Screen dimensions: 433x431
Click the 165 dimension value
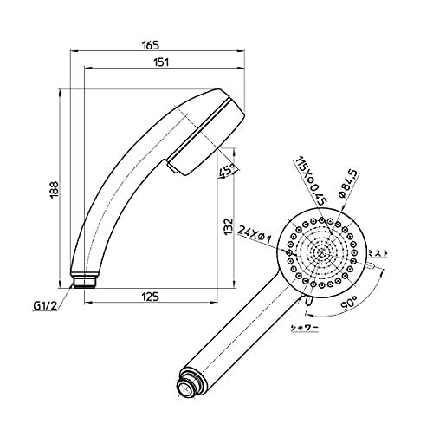pos(151,45)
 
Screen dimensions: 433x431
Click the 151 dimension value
pos(160,62)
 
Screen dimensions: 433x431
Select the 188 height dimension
pos(54,190)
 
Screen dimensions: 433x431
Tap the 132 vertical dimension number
pos(229,226)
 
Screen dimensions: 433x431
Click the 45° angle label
pos(226,172)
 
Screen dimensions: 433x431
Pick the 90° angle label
pos(349,304)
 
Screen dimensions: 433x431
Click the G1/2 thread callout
pos(45,306)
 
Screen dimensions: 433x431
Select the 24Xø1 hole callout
pos(255,234)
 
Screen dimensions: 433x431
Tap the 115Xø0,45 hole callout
pos(310,180)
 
